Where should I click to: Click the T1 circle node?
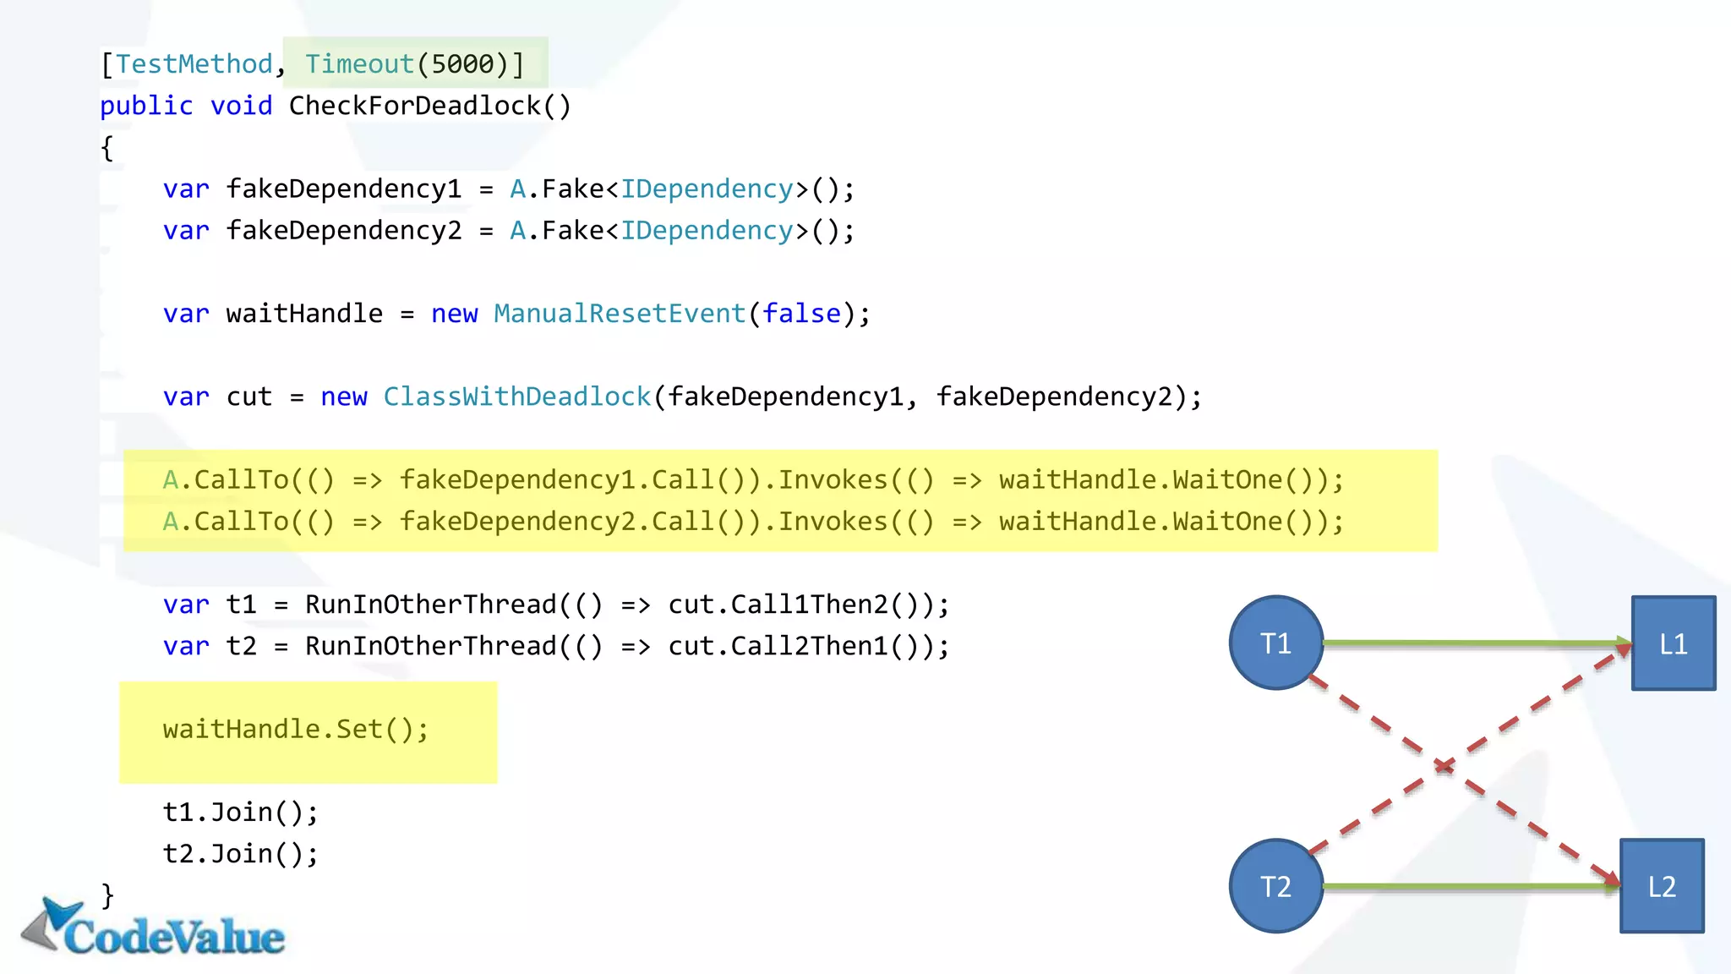pyautogui.click(x=1275, y=643)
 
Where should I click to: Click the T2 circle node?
pyautogui.click(x=1275, y=885)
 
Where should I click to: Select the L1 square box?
pyautogui.click(x=1673, y=643)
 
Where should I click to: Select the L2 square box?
pyautogui.click(x=1661, y=885)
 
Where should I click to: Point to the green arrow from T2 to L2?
pyautogui.click(x=1471, y=885)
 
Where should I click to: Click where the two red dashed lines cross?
pyautogui.click(x=1444, y=766)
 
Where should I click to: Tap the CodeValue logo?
pyautogui.click(x=156, y=930)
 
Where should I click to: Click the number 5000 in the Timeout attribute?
pyautogui.click(x=462, y=64)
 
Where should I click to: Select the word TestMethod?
pyautogui.click(x=194, y=64)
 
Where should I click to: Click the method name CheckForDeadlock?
pyautogui.click(x=414, y=106)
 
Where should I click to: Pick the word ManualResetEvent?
pyautogui.click(x=620, y=314)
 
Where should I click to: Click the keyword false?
pyautogui.click(x=801, y=314)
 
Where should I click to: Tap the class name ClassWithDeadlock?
pyautogui.click(x=516, y=397)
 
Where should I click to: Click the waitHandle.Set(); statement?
pyautogui.click(x=296, y=729)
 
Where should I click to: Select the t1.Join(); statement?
pyautogui.click(x=240, y=812)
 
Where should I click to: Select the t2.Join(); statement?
pyautogui.click(x=240, y=853)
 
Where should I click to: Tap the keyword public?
pyautogui.click(x=146, y=106)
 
